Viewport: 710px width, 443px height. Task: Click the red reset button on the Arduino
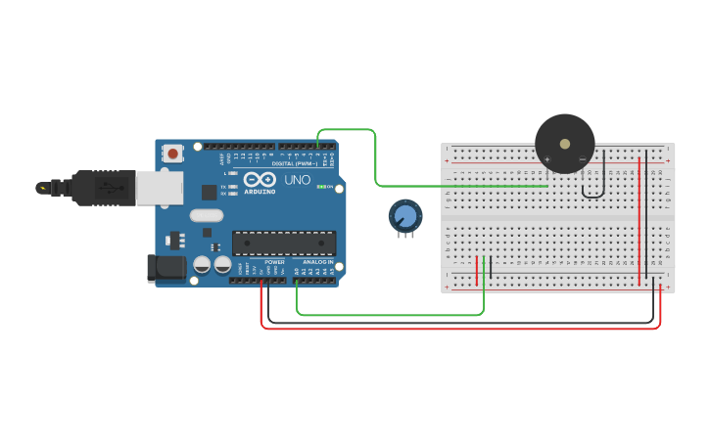(x=173, y=153)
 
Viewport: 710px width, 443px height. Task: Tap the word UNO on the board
(x=297, y=181)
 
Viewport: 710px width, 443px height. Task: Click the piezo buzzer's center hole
(x=565, y=143)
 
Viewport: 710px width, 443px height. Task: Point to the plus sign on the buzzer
(x=547, y=159)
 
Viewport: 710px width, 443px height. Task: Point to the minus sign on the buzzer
(x=582, y=159)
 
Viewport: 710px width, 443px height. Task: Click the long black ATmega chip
(x=283, y=243)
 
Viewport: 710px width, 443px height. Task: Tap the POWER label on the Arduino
(x=275, y=262)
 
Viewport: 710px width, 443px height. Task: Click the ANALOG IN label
(x=315, y=262)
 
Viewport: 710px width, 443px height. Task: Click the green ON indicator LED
(x=321, y=187)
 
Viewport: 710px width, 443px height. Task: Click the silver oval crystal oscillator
(x=207, y=215)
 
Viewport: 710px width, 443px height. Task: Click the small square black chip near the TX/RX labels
(x=209, y=192)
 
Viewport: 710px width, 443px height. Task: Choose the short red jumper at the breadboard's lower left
(x=477, y=271)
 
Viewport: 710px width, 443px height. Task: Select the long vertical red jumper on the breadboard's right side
(x=639, y=220)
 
